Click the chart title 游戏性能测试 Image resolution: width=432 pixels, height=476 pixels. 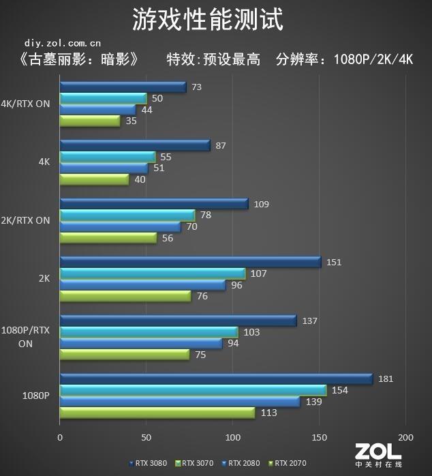pyautogui.click(x=208, y=19)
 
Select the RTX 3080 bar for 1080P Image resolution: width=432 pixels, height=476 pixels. pyautogui.click(x=216, y=378)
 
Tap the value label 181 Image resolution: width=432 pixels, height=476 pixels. pyautogui.click(x=385, y=378)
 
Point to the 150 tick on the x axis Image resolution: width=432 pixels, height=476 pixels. pyautogui.click(x=319, y=437)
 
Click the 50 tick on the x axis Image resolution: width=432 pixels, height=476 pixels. pyautogui.click(x=146, y=437)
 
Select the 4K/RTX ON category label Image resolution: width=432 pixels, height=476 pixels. pyautogui.click(x=26, y=104)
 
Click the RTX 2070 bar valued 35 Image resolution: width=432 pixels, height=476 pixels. pyautogui.click(x=90, y=121)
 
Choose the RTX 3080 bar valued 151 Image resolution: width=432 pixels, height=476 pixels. pyautogui.click(x=190, y=262)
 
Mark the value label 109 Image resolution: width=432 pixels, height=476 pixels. pyautogui.click(x=261, y=204)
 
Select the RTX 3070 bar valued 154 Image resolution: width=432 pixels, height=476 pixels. pyautogui.click(x=193, y=390)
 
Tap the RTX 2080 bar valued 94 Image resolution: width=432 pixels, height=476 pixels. pyautogui.click(x=141, y=343)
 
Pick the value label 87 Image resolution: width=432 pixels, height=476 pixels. pyautogui.click(x=220, y=145)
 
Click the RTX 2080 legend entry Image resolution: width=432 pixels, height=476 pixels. pyautogui.click(x=243, y=463)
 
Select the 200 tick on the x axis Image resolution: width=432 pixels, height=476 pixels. pyautogui.click(x=405, y=437)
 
